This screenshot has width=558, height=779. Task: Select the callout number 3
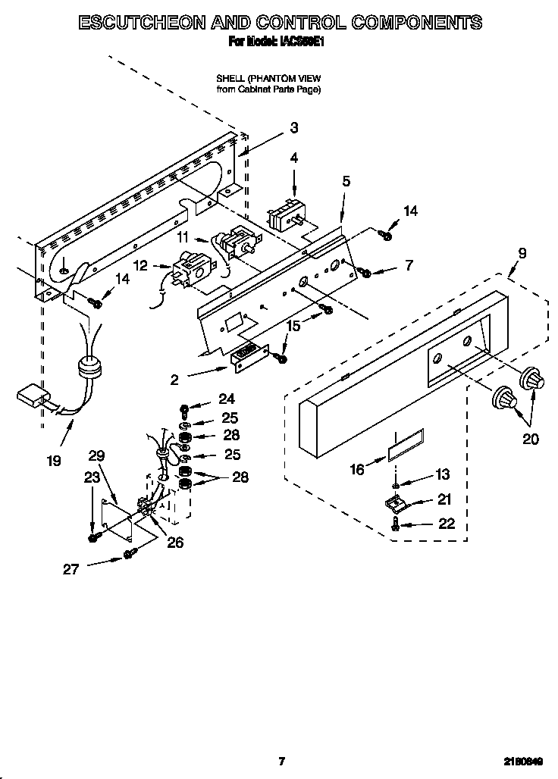294,128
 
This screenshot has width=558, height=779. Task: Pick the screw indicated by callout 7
365,271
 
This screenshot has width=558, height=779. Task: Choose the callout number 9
522,253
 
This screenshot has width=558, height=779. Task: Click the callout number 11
183,238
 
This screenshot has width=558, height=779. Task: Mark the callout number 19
54,460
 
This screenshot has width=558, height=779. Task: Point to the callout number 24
227,399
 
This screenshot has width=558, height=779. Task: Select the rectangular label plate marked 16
406,446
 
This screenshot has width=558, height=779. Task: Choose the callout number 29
96,455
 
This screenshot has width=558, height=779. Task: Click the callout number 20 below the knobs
531,439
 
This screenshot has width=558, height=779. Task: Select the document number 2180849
525,762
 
